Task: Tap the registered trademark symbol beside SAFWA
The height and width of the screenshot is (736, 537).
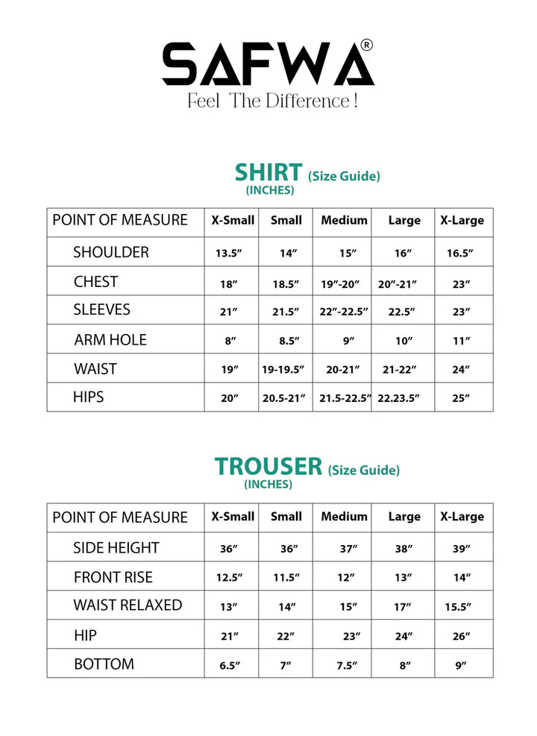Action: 366,45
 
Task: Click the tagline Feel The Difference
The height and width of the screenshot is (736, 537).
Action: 272,101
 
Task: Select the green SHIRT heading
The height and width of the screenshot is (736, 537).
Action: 268,172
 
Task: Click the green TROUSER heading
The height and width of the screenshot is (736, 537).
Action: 268,466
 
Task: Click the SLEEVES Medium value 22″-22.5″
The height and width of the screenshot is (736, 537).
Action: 344,312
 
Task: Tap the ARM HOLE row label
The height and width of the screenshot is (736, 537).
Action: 110,340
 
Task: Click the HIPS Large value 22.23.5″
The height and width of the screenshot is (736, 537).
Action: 404,398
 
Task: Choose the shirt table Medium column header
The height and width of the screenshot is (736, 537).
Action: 344,220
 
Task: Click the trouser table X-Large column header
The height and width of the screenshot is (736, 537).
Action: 462,517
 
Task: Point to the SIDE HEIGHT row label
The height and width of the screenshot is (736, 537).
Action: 116,548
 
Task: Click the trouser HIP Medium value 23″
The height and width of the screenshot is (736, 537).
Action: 350,636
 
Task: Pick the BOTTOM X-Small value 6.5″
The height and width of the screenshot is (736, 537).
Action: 228,665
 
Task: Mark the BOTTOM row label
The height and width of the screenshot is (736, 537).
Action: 104,664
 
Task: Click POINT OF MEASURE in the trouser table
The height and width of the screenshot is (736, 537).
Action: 120,518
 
